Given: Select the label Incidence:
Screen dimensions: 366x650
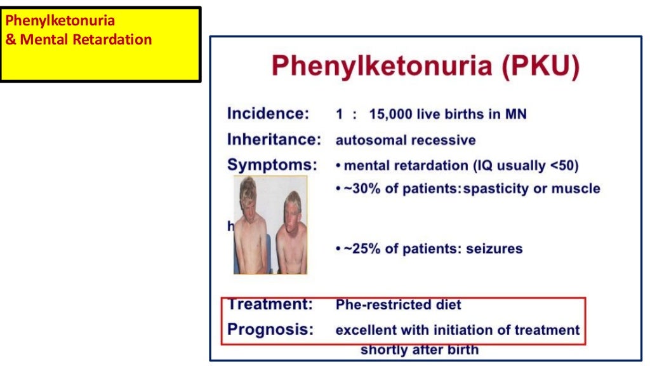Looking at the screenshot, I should [268, 114].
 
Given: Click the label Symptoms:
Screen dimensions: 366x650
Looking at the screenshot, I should [272, 165].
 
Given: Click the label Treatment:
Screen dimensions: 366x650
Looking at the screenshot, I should [270, 304].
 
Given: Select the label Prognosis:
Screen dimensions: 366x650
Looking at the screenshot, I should [270, 330].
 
